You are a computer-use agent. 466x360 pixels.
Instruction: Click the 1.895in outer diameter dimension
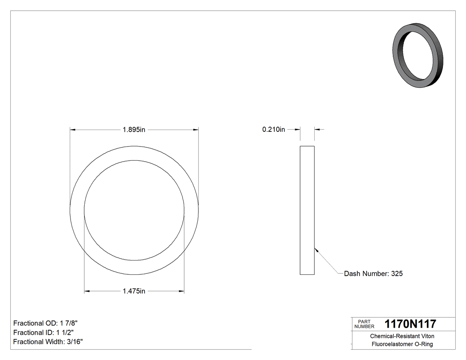click(134, 130)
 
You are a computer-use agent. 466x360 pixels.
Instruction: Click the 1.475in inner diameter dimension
click(134, 291)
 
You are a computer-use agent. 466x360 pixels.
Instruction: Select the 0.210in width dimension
click(273, 130)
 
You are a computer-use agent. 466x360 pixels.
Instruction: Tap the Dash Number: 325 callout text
click(373, 274)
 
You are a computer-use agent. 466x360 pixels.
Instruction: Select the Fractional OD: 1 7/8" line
click(46, 323)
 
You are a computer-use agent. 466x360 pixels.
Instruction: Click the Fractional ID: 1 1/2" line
click(43, 332)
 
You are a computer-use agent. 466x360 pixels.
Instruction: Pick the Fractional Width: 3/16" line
click(48, 342)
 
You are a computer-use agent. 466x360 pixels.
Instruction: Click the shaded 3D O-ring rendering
click(419, 55)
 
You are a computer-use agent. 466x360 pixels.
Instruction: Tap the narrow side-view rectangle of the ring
click(307, 210)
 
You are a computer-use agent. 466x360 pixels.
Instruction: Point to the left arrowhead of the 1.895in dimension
click(73, 130)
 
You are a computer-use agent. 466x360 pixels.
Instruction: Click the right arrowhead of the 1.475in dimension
click(182, 291)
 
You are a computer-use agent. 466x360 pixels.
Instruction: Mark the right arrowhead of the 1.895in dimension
click(196, 130)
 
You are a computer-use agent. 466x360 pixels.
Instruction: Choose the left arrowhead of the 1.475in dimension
click(87, 291)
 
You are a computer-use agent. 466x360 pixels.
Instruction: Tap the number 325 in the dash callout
click(396, 274)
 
